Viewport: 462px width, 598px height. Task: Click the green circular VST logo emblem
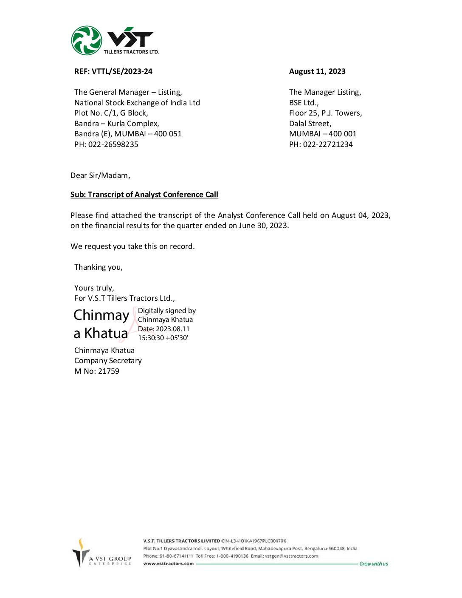click(x=86, y=40)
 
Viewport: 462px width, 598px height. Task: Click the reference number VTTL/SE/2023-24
click(x=122, y=71)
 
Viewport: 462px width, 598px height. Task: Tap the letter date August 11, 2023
click(x=317, y=71)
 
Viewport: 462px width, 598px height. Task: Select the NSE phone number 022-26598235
click(x=113, y=144)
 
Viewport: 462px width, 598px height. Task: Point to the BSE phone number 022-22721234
click(x=328, y=144)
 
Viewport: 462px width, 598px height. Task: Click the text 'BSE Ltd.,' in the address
click(x=304, y=103)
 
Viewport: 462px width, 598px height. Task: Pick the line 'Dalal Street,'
click(x=310, y=124)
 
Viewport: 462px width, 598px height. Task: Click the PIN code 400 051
click(x=168, y=134)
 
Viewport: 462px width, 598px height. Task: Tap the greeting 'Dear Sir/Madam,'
click(x=100, y=175)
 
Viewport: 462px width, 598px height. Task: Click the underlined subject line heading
click(x=144, y=195)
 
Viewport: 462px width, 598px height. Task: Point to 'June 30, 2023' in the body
click(x=263, y=226)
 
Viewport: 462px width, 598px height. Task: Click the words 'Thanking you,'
click(x=99, y=267)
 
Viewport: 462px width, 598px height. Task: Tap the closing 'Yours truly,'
click(x=94, y=288)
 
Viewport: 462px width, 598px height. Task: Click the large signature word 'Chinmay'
click(x=101, y=315)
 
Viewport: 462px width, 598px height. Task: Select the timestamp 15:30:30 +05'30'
click(x=163, y=338)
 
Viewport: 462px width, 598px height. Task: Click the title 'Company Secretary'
click(x=108, y=361)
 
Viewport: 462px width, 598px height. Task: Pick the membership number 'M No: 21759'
click(x=97, y=371)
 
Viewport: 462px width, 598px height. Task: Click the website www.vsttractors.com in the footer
click(x=169, y=564)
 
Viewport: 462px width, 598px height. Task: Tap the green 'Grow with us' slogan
click(x=374, y=564)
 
